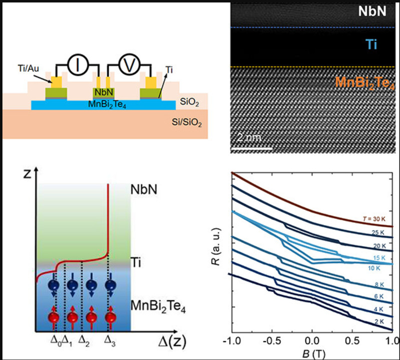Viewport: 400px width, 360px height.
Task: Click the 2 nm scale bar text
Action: click(x=250, y=138)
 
